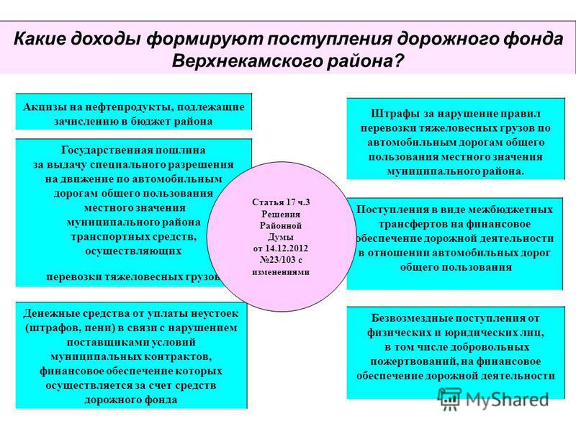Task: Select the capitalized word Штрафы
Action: coord(392,114)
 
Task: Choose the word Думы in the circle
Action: coord(281,237)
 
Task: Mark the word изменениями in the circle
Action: coord(281,272)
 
